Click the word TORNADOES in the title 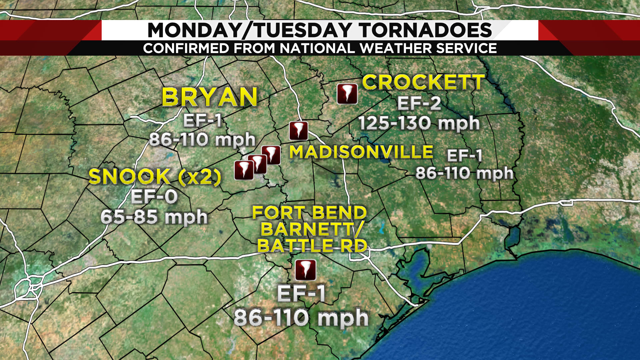point(426,30)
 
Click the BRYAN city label point(210,97)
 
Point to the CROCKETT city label point(423,82)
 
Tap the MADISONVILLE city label point(361,152)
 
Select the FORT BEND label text point(309,213)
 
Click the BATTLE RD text point(312,246)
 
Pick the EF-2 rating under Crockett point(419,103)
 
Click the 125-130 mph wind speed point(419,123)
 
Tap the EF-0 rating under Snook point(154,197)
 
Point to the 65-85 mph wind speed point(154,217)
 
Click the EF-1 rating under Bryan point(202,120)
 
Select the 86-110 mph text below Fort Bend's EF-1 point(301,317)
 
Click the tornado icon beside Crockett point(347,94)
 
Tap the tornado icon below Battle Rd point(306,270)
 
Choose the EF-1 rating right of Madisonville point(464,155)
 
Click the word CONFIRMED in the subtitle point(186,48)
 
